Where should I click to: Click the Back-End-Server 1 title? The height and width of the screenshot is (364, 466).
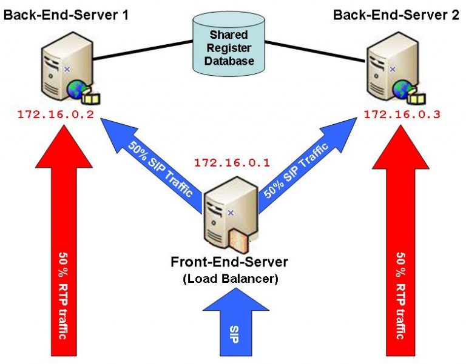click(66, 13)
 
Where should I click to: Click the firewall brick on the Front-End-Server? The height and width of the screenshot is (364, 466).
click(238, 242)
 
